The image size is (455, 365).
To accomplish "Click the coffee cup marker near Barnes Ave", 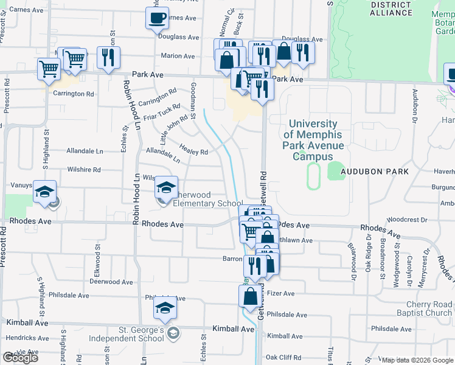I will click(157, 18).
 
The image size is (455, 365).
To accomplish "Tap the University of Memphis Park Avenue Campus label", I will click(313, 140).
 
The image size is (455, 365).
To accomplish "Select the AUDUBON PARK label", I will click(374, 172).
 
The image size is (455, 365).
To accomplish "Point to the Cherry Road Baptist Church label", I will click(422, 308).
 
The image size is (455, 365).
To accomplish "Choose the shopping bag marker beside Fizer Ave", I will click(251, 297).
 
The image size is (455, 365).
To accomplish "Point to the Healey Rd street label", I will click(194, 148).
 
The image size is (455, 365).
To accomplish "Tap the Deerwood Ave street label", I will click(111, 282).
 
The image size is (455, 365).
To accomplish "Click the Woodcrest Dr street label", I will click(403, 219).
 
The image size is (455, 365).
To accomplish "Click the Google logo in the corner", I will click(20, 358).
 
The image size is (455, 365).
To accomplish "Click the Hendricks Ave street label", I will click(24, 336).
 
